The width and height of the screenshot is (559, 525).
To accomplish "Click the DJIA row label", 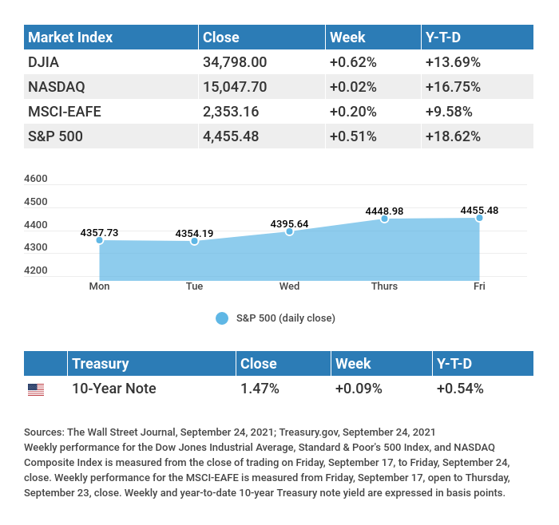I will point(43,62).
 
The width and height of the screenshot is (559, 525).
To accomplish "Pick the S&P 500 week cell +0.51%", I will point(353,136).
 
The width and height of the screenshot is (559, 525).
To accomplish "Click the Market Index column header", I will point(70,37).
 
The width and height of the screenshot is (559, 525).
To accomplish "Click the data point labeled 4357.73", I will point(100,240).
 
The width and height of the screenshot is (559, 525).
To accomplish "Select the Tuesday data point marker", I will point(194,241).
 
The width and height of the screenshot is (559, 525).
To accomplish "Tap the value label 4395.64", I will point(289,223).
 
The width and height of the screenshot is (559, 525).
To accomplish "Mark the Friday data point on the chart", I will point(479,218).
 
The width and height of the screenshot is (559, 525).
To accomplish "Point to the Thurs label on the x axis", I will point(384,286).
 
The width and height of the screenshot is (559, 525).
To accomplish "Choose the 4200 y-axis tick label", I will point(36,270).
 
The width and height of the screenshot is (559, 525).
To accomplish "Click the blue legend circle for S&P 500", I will point(223,318).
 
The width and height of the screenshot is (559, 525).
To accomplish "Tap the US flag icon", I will point(36,389).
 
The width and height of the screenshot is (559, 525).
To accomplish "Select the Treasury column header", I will point(101,364).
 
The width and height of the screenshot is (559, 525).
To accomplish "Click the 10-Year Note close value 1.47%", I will point(260,389).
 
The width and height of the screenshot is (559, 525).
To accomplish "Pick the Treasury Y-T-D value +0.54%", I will point(459,389).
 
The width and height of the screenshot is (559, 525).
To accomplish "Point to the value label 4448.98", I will point(384,211).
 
